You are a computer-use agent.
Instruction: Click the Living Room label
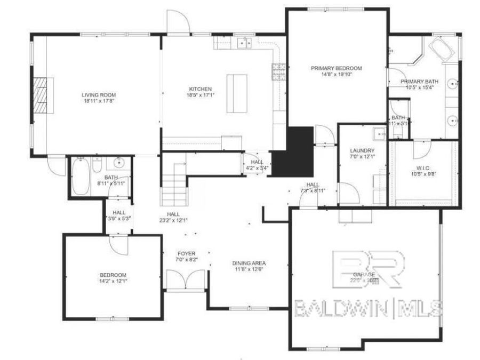(x=99, y=94)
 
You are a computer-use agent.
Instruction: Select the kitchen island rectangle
(x=237, y=93)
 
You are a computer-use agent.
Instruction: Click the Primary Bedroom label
(x=337, y=68)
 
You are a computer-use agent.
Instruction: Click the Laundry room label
(x=362, y=150)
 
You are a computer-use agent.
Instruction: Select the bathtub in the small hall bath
(x=81, y=177)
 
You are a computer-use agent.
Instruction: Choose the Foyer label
(x=186, y=253)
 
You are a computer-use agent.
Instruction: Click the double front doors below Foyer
(x=186, y=280)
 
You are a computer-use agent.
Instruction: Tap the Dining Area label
(x=249, y=263)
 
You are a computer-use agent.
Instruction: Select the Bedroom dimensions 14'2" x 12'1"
(x=113, y=281)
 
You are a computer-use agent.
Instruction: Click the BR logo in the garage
(x=368, y=269)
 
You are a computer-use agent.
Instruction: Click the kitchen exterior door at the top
(x=178, y=22)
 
